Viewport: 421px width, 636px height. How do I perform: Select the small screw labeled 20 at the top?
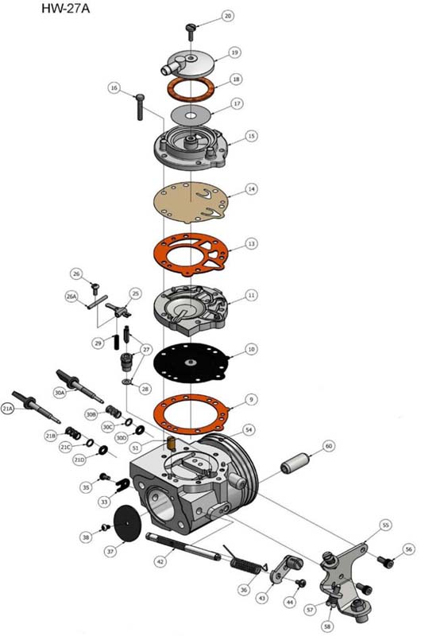190,29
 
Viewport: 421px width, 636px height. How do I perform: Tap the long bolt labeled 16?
141,105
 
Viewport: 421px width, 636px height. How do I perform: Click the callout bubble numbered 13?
251,243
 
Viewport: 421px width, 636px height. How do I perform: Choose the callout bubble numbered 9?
251,398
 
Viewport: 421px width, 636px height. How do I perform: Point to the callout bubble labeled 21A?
8,408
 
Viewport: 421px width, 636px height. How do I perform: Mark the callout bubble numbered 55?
385,525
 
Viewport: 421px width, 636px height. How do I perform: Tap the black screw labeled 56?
386,563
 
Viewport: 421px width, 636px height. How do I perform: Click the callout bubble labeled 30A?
60,392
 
